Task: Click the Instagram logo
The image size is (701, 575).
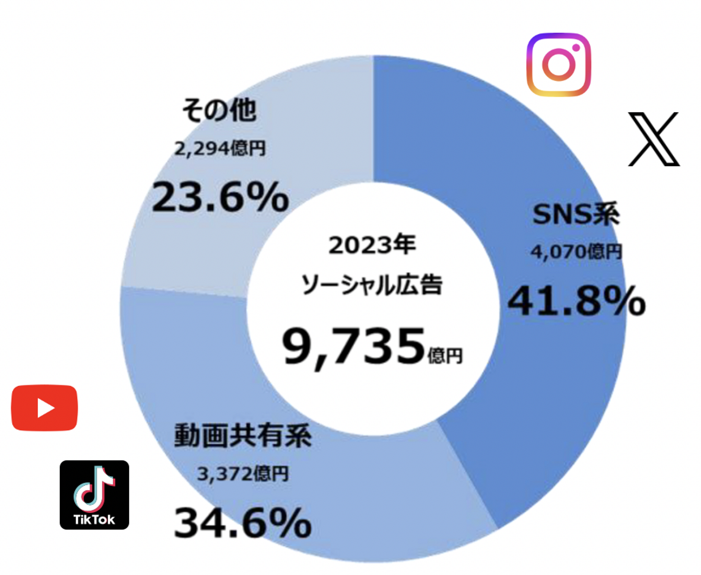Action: point(558,65)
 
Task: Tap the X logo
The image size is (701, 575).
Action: point(653,139)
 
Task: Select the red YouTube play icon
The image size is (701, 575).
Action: point(44,408)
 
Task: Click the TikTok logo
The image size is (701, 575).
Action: point(94,495)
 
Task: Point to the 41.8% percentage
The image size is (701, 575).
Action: point(576,301)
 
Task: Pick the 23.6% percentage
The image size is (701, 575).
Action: point(221,197)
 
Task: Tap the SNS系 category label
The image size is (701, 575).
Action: point(576,214)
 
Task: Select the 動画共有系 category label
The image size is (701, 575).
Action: point(242,435)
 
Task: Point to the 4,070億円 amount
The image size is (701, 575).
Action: point(576,252)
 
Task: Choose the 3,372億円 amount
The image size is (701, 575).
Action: point(242,473)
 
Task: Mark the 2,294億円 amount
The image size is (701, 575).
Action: point(220,148)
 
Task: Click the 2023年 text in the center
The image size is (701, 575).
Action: point(372,245)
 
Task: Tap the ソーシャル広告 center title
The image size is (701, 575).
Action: point(372,285)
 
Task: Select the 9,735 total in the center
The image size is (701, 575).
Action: point(354,346)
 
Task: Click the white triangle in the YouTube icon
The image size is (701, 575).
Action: point(46,408)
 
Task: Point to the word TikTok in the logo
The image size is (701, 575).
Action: point(94,520)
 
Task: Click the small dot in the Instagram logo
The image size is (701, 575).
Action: point(576,48)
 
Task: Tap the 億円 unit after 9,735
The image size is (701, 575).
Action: point(445,356)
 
